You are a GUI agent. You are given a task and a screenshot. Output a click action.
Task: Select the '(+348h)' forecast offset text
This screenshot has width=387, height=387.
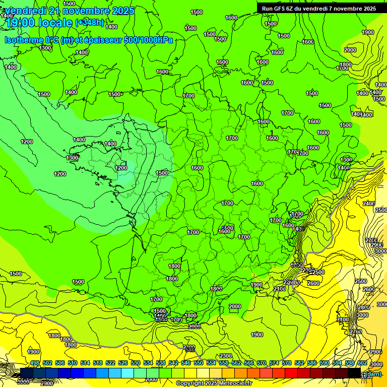(x=89, y=23)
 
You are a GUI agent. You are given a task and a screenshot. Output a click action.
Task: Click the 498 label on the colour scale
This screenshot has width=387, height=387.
(x=35, y=363)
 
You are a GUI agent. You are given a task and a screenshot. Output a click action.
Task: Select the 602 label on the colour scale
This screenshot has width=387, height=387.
(x=362, y=363)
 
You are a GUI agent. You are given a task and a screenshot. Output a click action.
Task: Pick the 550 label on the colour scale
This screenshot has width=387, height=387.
(x=199, y=363)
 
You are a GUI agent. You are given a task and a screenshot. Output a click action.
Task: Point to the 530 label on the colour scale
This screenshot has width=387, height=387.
(x=136, y=363)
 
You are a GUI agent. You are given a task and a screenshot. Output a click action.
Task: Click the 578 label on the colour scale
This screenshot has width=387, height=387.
(x=287, y=363)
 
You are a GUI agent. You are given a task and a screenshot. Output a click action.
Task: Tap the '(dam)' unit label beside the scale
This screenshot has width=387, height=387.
(x=374, y=374)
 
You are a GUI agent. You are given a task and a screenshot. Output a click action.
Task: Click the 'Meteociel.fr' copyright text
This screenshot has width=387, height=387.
(x=229, y=383)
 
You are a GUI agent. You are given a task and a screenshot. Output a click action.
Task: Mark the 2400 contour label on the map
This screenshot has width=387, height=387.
(x=368, y=204)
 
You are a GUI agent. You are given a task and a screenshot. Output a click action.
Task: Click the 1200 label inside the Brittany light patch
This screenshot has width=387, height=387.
(x=121, y=168)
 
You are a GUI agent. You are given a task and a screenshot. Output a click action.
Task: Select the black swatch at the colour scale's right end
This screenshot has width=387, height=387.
(x=355, y=373)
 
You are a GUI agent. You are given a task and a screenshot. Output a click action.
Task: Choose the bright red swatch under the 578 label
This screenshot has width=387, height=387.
(x=291, y=373)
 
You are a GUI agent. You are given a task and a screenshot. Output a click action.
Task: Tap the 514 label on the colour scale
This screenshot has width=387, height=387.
(x=85, y=363)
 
